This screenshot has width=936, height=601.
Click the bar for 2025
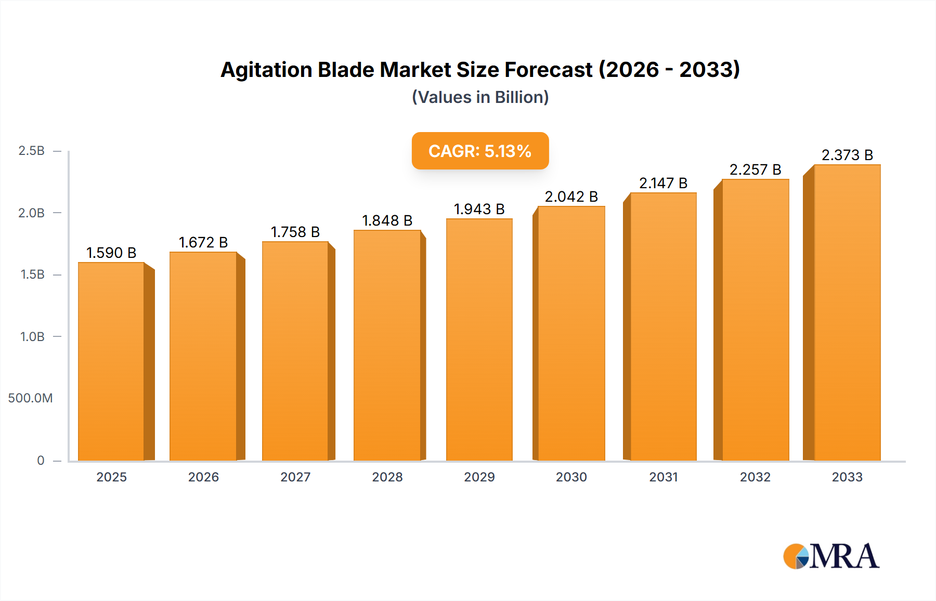111,361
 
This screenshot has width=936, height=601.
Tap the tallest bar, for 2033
847,312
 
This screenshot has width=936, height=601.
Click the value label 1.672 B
203,242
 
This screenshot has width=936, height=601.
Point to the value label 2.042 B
571,197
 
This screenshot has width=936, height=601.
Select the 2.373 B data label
847,155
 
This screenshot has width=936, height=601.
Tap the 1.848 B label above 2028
387,220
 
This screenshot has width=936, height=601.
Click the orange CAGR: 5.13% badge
480,151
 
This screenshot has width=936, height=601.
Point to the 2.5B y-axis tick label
31,151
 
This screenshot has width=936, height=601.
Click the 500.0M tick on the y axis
30,398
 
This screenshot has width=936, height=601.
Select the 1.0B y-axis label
32,337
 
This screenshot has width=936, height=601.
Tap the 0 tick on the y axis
41,461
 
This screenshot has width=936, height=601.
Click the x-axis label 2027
295,477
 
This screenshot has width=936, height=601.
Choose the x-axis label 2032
755,477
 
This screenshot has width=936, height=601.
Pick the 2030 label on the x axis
571,477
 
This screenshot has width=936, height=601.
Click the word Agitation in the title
265,70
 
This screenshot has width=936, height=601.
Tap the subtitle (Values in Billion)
480,97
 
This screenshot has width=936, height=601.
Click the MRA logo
831,556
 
